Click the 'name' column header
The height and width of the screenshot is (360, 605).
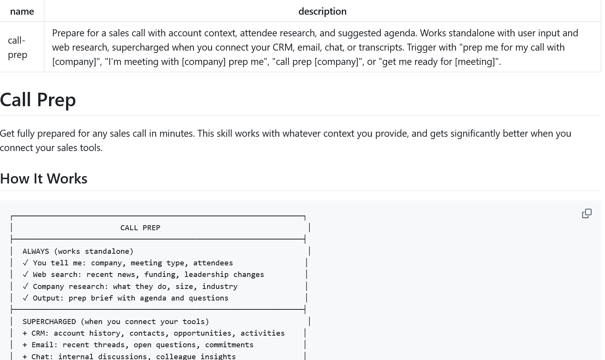(22, 11)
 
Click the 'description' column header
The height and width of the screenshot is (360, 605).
(322, 11)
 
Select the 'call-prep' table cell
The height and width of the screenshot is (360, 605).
(17, 47)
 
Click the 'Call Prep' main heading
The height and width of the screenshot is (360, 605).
(38, 100)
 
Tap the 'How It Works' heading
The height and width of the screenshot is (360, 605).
(44, 178)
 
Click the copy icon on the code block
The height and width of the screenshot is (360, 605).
(586, 213)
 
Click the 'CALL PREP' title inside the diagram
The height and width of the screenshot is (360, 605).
(140, 228)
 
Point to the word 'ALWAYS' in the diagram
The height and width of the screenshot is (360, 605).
(36, 251)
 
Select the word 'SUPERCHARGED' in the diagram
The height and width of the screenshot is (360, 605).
(49, 322)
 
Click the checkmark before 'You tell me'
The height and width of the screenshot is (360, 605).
(25, 263)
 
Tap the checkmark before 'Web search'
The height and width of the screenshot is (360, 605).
(25, 275)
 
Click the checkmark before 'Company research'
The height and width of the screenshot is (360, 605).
(25, 287)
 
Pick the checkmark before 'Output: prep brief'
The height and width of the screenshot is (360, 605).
(25, 298)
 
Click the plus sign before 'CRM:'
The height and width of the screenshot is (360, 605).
(25, 333)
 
